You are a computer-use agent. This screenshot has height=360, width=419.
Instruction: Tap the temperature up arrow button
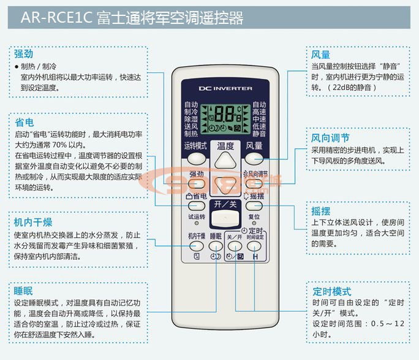coord(225,161)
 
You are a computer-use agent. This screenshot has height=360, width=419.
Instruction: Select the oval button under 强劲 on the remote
coord(196,183)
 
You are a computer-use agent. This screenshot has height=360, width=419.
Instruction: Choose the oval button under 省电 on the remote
coord(196,206)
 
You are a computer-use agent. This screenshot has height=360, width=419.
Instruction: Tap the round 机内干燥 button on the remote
coord(196,247)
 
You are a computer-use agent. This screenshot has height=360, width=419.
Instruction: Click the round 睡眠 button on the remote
coord(215,247)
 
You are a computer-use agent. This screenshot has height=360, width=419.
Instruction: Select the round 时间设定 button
coord(255,247)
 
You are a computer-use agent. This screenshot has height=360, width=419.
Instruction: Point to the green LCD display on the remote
coord(225,116)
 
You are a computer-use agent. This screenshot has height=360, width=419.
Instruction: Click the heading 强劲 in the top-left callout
coord(23,53)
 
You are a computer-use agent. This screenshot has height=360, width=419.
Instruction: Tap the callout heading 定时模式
coord(331,291)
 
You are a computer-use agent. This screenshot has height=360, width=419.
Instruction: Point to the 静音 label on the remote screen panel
coord(259,134)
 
